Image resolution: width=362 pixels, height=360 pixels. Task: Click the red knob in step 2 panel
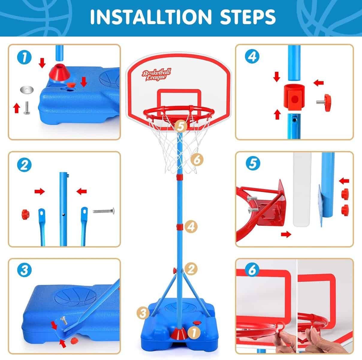tap(24, 214)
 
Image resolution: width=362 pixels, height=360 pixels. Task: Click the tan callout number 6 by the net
tap(197, 160)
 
